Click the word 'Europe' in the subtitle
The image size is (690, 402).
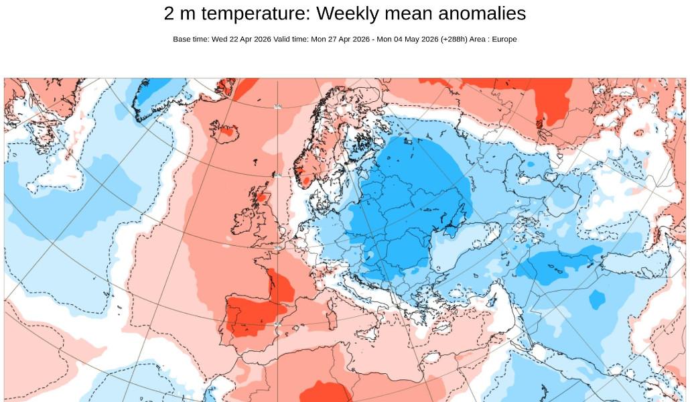(504, 39)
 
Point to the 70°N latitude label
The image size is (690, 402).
(277, 107)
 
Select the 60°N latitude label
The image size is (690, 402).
(277, 176)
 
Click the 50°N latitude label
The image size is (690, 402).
(278, 247)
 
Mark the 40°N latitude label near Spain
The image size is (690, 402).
(277, 324)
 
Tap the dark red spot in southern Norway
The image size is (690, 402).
(307, 180)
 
